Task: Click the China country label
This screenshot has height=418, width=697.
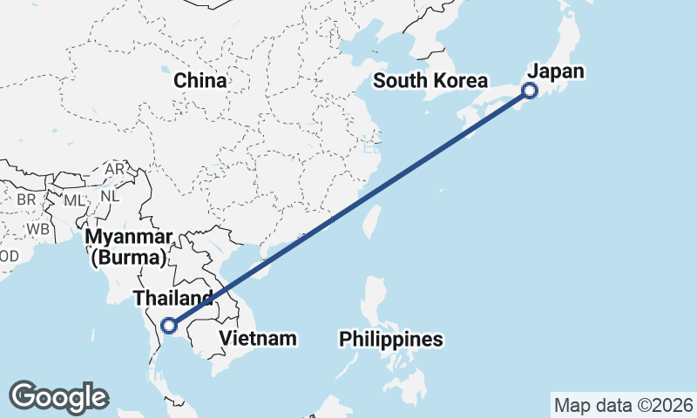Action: point(200,81)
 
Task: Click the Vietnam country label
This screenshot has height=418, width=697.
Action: point(258,337)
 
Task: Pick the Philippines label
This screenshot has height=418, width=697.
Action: point(391,339)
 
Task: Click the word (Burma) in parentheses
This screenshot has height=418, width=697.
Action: point(127,258)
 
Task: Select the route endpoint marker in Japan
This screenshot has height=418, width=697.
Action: point(529,91)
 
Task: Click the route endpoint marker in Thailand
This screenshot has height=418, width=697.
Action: point(170,327)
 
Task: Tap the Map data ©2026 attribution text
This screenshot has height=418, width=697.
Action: point(623,405)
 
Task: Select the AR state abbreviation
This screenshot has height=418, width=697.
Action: point(114,169)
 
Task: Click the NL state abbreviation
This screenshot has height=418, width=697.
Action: point(109,196)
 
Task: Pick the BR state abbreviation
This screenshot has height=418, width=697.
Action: point(25,199)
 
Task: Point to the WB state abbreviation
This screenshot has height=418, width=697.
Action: point(37,228)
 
